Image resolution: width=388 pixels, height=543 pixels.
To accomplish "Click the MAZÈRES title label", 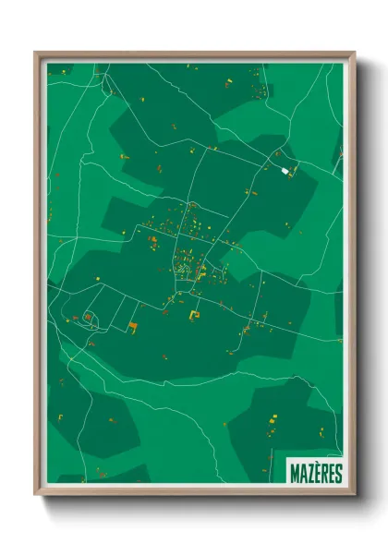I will click(x=314, y=473).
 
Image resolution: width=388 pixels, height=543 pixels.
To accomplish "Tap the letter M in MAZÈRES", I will click(x=295, y=473).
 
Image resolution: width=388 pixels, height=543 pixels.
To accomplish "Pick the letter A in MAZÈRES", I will click(x=302, y=473).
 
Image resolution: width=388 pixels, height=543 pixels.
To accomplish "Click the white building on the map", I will click(x=285, y=172).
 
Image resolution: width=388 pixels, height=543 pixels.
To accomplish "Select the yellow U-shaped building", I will click(x=194, y=316).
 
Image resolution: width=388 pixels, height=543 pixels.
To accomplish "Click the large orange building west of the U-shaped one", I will click(x=133, y=327).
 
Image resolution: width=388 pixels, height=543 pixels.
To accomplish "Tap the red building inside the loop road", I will click(x=88, y=319).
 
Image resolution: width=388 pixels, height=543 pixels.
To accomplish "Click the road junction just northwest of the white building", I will click(x=274, y=164).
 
